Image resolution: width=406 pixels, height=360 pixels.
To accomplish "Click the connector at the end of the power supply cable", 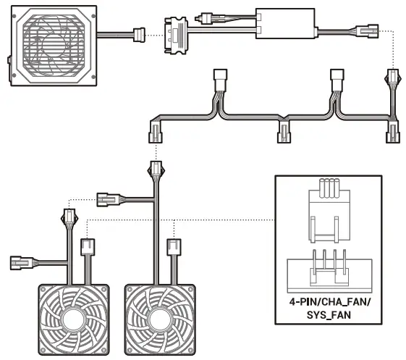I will [139, 33].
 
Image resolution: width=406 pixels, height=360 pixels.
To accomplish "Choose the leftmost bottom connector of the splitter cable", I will [156, 133].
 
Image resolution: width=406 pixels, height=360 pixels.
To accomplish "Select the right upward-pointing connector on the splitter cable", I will [337, 77].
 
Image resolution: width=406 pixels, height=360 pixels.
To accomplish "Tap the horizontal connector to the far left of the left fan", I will [20, 261].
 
